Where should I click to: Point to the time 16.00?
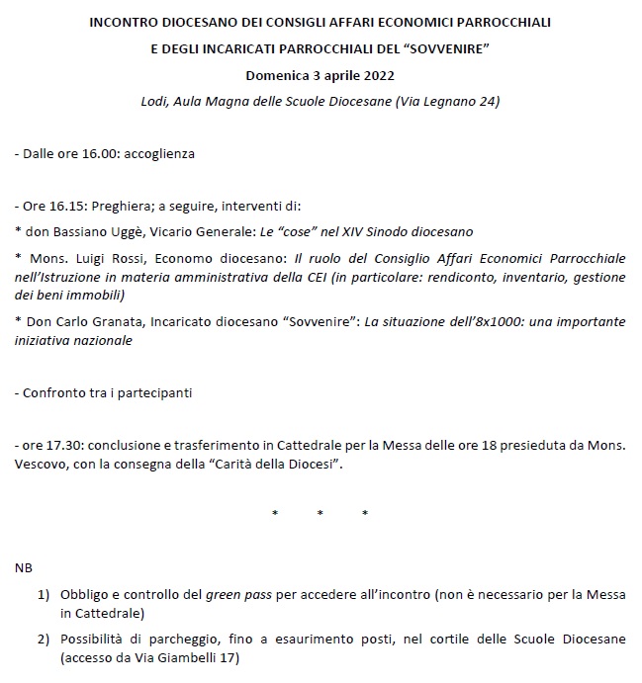[x=94, y=154]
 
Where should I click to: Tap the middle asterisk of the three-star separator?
[x=320, y=514]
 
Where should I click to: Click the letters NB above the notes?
[x=25, y=570]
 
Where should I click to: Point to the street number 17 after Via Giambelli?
[x=228, y=657]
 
